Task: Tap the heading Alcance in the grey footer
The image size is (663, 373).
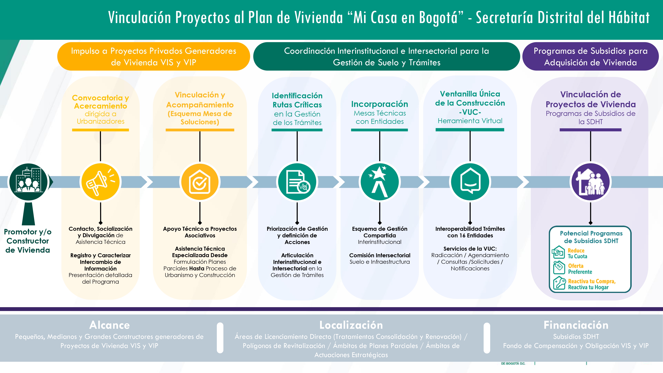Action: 109,325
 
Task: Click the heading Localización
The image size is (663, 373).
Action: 351,325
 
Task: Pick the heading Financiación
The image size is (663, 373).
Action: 576,325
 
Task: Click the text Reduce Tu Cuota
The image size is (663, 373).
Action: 577,253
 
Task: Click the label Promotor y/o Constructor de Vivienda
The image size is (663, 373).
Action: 28,241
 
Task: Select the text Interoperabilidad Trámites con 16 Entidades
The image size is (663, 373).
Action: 470,232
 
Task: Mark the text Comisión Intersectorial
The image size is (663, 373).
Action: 380,255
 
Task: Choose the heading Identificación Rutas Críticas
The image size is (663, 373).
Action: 297,100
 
